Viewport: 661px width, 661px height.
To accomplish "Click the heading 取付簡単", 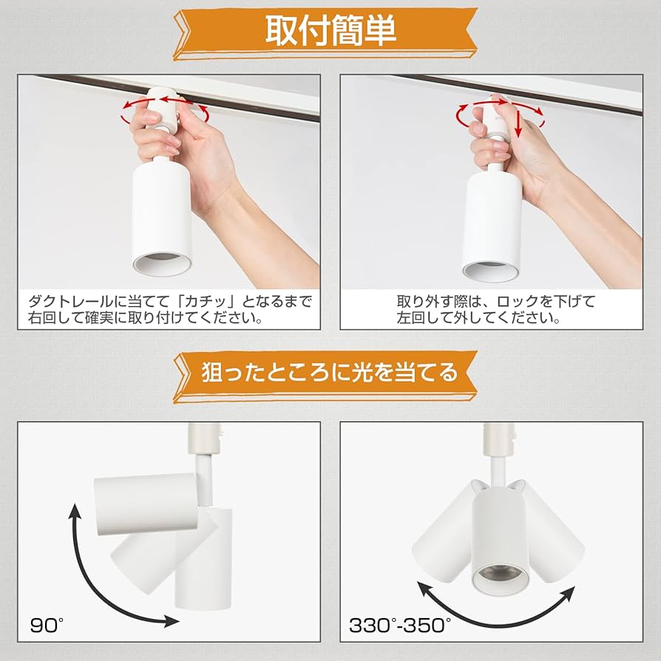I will pyautogui.click(x=330, y=31).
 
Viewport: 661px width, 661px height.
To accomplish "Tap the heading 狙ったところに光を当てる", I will pyautogui.click(x=330, y=372).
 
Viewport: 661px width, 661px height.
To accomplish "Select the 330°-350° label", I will pyautogui.click(x=399, y=626).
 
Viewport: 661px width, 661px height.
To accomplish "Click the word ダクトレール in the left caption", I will pyautogui.click(x=71, y=302).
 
